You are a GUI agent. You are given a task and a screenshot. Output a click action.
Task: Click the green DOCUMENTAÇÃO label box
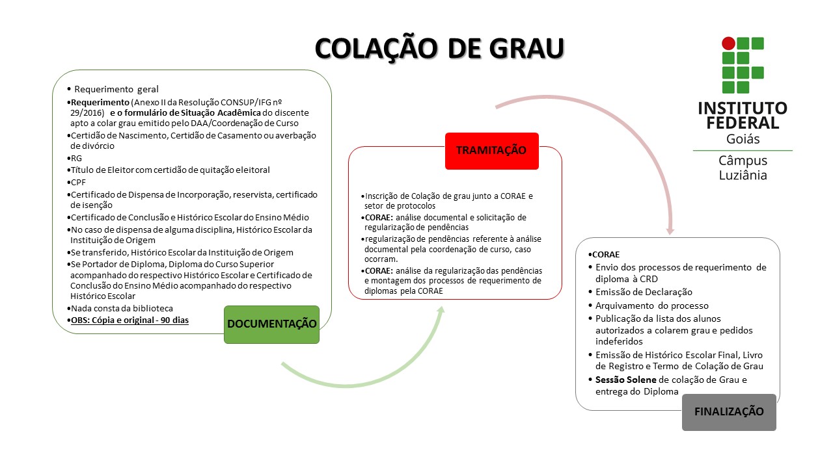(x=271, y=324)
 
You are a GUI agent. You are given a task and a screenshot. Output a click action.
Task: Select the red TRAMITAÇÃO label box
(x=491, y=150)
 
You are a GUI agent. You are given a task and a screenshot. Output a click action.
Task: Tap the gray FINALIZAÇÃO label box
(x=729, y=411)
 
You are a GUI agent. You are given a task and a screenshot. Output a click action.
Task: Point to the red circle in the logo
(x=728, y=44)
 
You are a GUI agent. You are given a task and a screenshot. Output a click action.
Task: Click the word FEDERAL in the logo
(x=738, y=122)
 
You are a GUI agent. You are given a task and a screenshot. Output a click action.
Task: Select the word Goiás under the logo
(x=743, y=139)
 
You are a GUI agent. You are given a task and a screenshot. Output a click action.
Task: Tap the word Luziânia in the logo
(x=743, y=175)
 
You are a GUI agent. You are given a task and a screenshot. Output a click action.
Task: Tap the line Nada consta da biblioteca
(x=122, y=308)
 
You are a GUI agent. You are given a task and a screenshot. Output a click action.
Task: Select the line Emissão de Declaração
(x=644, y=292)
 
